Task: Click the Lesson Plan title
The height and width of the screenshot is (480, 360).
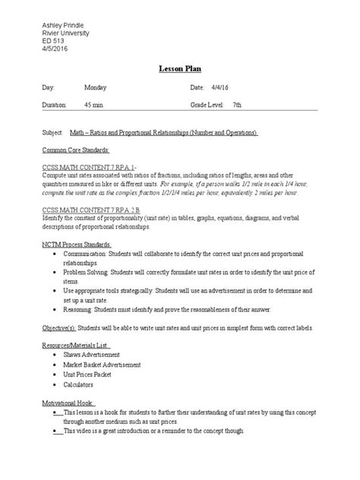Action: point(179,68)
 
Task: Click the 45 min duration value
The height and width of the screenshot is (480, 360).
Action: point(104,107)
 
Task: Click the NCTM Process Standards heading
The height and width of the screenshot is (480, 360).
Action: point(77,246)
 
